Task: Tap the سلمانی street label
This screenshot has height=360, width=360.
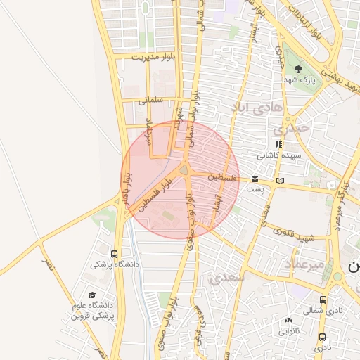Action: click(150, 100)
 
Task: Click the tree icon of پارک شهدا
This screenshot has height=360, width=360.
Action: click(300, 69)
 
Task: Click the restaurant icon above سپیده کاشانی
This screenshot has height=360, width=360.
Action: click(279, 144)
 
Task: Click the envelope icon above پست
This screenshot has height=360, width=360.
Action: click(255, 180)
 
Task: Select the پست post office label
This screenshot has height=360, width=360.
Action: click(255, 190)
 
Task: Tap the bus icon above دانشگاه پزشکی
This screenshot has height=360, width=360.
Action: click(114, 254)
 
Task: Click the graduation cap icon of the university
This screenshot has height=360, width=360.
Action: click(92, 295)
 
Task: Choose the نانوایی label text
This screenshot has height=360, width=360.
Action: click(288, 330)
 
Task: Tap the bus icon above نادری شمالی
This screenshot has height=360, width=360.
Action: click(323, 300)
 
